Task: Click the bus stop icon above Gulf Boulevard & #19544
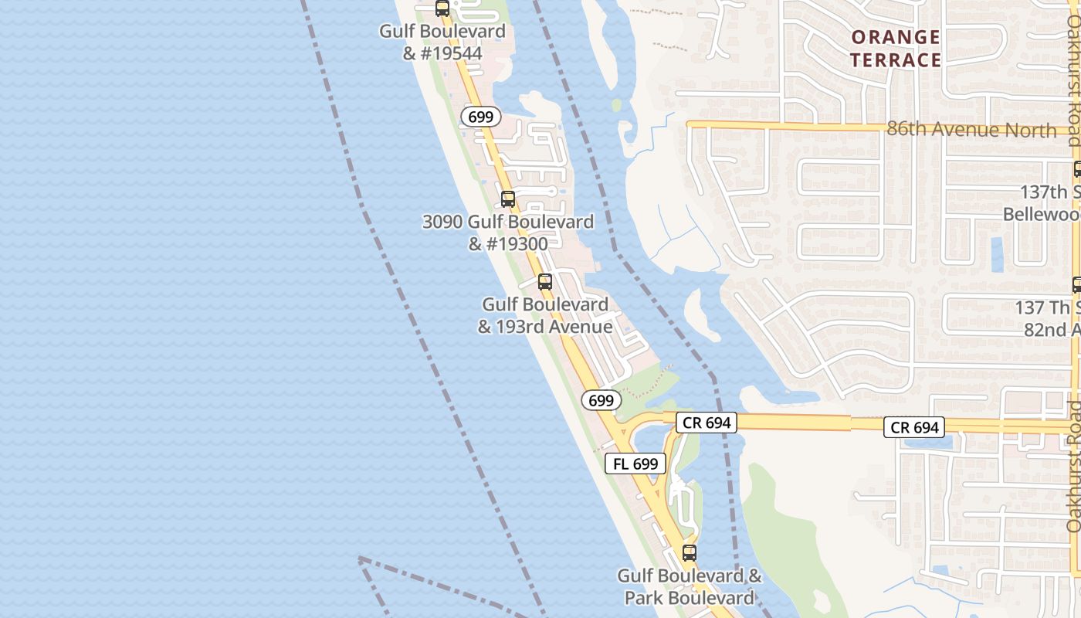click(x=442, y=8)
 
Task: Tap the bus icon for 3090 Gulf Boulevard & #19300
click(x=507, y=199)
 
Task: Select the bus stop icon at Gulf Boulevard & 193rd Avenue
click(x=544, y=282)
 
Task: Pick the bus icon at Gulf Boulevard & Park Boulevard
click(x=689, y=553)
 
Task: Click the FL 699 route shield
click(x=635, y=463)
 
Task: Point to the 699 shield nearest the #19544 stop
click(x=480, y=117)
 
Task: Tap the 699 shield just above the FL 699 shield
click(x=600, y=400)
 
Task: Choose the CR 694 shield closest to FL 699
click(x=706, y=423)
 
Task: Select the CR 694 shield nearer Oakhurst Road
click(x=913, y=427)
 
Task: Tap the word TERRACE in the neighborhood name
click(x=895, y=60)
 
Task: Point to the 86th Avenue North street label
click(x=971, y=129)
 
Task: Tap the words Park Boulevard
click(x=689, y=598)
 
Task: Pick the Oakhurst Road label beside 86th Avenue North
click(x=1073, y=77)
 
